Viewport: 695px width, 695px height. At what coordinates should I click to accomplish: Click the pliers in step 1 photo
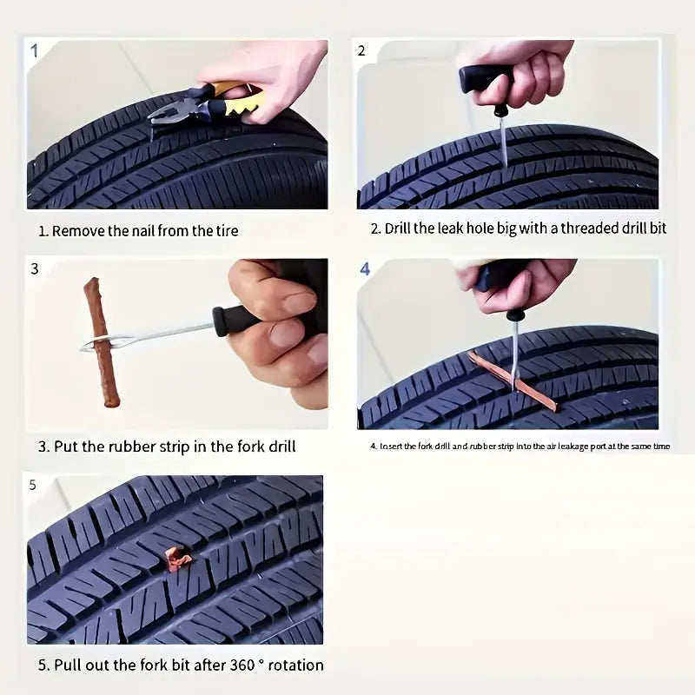point(208,103)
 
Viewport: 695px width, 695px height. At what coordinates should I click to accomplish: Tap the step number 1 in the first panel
point(35,50)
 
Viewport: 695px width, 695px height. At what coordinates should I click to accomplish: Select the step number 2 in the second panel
point(362,50)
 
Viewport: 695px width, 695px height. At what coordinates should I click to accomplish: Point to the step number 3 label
point(35,268)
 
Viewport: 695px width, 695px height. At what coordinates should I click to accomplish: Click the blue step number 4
point(366,269)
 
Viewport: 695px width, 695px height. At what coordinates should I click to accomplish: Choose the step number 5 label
point(33,485)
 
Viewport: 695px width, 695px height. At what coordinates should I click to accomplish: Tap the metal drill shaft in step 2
point(502,139)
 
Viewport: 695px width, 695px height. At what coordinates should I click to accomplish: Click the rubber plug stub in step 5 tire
point(178,558)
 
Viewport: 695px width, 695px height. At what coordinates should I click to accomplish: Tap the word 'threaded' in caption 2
point(588,229)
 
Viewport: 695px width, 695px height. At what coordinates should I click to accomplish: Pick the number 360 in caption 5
point(245,665)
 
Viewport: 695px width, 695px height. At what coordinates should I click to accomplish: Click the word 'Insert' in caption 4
point(391,447)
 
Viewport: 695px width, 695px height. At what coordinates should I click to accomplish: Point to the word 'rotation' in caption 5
point(295,665)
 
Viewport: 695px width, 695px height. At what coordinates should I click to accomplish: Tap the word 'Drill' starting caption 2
point(400,229)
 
